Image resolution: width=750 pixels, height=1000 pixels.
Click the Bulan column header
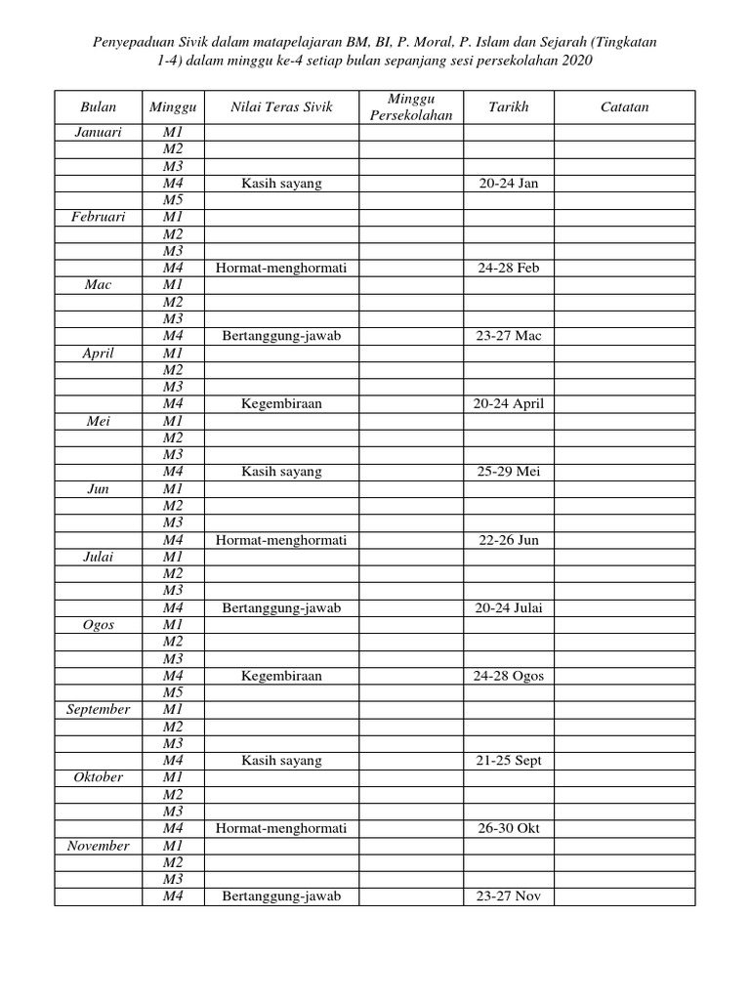pyautogui.click(x=98, y=107)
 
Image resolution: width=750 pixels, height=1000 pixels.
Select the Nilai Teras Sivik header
pyautogui.click(x=281, y=107)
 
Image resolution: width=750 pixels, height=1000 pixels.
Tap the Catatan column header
pyautogui.click(x=625, y=107)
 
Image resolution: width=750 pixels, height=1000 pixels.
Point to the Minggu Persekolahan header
pyautogui.click(x=411, y=107)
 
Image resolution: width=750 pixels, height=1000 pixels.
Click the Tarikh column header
pyautogui.click(x=509, y=107)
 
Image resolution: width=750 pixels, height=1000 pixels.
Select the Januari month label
pyautogui.click(x=98, y=133)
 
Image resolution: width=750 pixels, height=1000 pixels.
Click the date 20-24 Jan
pyautogui.click(x=509, y=184)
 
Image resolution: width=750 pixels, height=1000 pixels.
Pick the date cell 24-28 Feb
pyautogui.click(x=509, y=268)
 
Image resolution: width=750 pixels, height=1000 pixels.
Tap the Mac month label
pyautogui.click(x=98, y=284)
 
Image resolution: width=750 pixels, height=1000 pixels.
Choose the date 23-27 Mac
pyautogui.click(x=509, y=336)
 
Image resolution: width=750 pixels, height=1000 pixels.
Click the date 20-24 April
pyautogui.click(x=509, y=403)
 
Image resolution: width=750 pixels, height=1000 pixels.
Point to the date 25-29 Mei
pyautogui.click(x=509, y=472)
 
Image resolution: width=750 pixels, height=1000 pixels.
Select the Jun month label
pyautogui.click(x=98, y=488)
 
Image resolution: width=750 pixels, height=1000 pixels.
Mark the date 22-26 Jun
pyautogui.click(x=509, y=540)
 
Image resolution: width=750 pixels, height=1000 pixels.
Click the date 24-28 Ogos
pyautogui.click(x=509, y=676)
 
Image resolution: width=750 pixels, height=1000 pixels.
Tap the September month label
pyautogui.click(x=98, y=710)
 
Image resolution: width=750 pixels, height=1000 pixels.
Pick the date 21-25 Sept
pyautogui.click(x=509, y=761)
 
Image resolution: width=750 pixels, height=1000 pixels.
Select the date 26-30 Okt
pyautogui.click(x=509, y=829)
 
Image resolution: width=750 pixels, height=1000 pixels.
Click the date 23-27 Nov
pyautogui.click(x=509, y=896)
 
